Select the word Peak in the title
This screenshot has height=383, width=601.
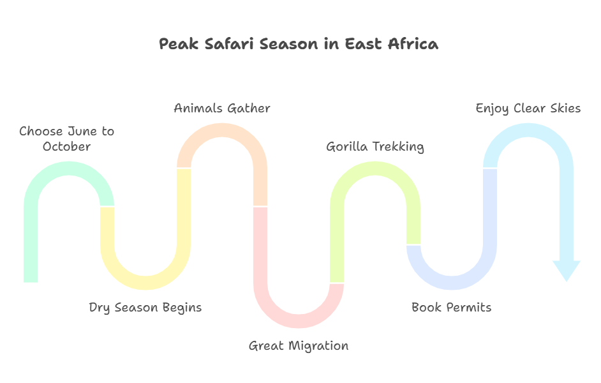coord(179,43)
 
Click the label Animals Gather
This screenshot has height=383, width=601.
coord(222,108)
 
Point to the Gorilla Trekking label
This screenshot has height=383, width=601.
coord(375,147)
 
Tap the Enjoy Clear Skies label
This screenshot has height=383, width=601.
coord(528,109)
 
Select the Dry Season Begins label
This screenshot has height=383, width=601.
coord(145,308)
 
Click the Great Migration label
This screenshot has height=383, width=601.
coord(299,346)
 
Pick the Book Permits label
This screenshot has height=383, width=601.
coord(452,307)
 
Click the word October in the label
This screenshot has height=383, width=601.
coord(67,146)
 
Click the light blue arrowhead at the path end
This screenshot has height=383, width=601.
coord(567,271)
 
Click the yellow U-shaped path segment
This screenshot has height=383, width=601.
coord(145,283)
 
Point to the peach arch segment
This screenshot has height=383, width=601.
coord(222,130)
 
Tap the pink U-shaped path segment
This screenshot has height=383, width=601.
coord(299,321)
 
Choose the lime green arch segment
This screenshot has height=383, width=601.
coord(375,169)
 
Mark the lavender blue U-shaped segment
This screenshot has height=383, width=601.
coord(452,283)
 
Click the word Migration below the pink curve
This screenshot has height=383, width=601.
coord(318,346)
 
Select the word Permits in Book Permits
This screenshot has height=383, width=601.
coord(469,307)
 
